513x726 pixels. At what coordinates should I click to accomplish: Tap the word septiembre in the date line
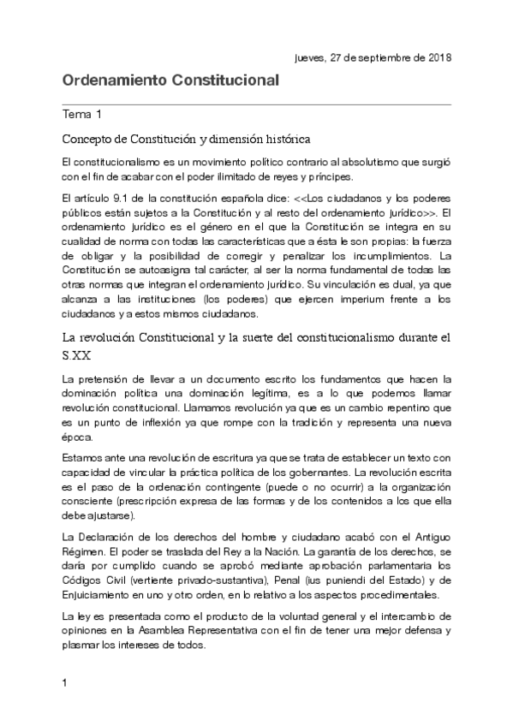point(374,57)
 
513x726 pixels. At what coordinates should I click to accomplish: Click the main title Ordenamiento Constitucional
point(171,81)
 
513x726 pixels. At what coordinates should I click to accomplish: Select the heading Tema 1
point(83,114)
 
